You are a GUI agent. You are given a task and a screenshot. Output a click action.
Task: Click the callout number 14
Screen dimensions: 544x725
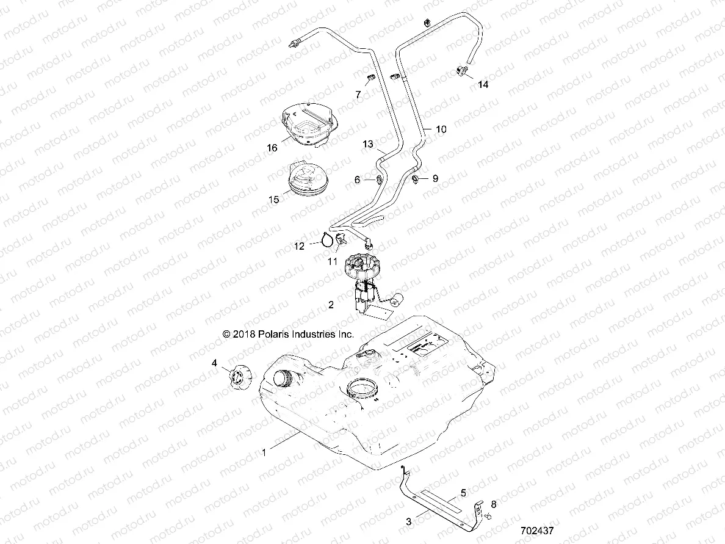click(x=483, y=85)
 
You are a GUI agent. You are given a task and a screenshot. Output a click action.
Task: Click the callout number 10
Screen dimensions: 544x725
click(x=441, y=129)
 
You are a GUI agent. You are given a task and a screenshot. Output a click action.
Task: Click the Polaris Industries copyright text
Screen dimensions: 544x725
click(x=288, y=334)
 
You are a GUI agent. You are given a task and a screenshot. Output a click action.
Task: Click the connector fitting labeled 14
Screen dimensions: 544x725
click(x=462, y=72)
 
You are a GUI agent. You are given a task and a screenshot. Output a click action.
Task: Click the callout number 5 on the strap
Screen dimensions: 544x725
click(x=463, y=491)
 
